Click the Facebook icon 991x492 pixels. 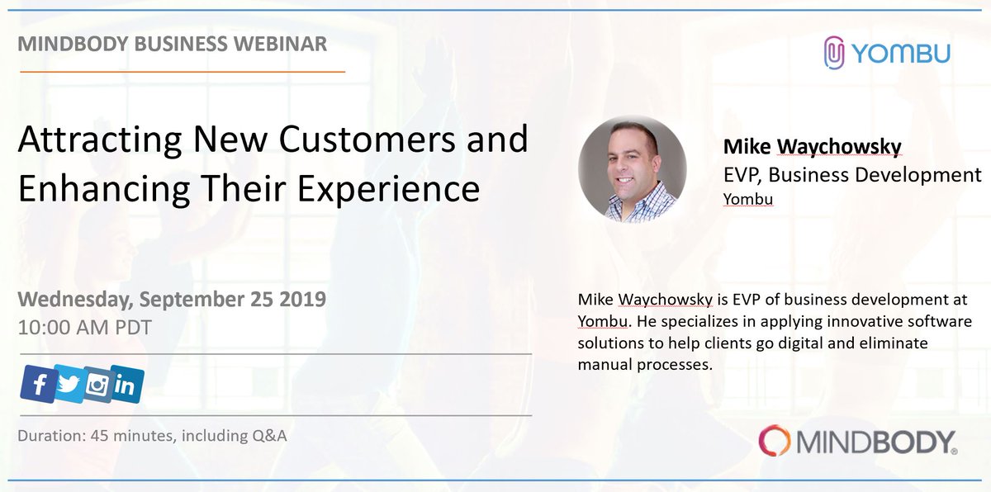38,383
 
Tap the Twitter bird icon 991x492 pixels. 69,385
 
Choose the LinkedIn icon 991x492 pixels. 126,385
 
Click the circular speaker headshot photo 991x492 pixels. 632,168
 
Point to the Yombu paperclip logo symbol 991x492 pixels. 836,53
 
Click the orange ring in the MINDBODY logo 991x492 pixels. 776,442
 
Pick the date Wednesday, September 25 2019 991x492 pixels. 172,298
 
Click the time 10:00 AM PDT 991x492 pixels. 85,326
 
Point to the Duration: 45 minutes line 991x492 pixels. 153,436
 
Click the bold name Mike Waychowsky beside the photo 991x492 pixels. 811,147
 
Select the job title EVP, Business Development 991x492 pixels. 851,174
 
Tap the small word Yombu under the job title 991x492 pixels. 747,199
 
